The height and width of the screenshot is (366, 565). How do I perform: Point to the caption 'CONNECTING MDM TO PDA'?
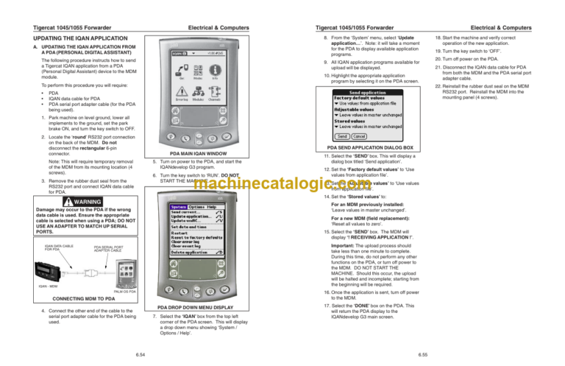pos(74,298)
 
